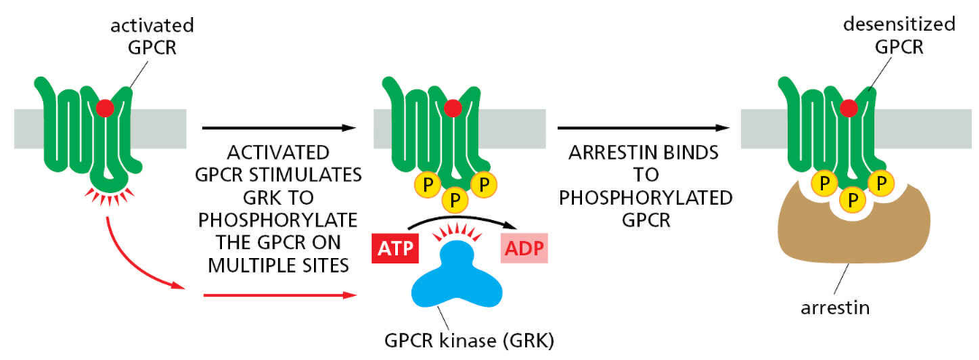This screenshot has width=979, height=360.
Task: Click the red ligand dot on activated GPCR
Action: (x=105, y=108)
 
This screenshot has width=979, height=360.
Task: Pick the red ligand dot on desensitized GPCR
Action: (x=848, y=108)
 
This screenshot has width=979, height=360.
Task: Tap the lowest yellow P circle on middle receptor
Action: (x=455, y=200)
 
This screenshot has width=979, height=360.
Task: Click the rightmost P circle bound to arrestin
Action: (x=882, y=184)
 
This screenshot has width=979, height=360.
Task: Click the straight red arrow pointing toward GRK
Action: (x=280, y=294)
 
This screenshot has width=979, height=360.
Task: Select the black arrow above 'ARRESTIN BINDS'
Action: (x=643, y=128)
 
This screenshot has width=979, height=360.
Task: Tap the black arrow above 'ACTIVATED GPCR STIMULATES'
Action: (x=280, y=128)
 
